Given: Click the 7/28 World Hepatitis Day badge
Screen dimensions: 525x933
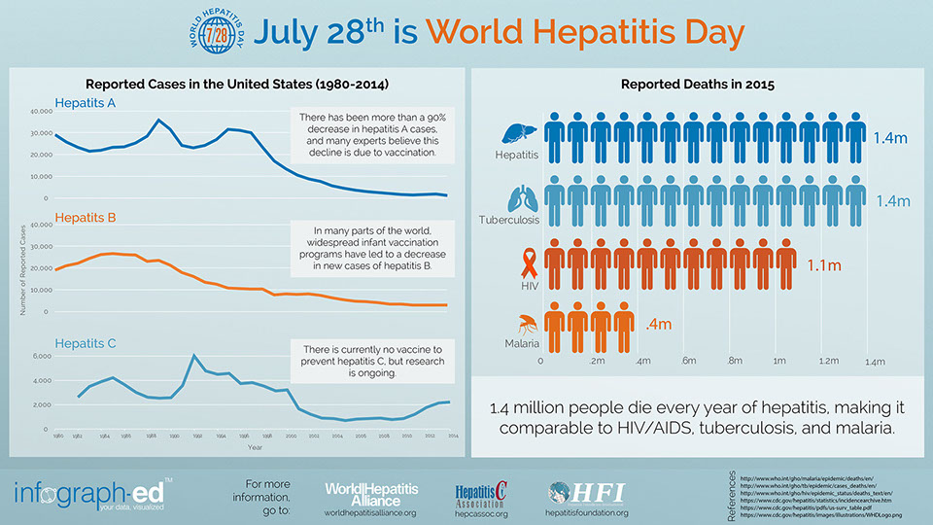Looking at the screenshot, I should pyautogui.click(x=214, y=33).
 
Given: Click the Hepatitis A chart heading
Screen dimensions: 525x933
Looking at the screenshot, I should pyautogui.click(x=86, y=103).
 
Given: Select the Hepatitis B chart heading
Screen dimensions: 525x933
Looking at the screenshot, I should pyautogui.click(x=86, y=218).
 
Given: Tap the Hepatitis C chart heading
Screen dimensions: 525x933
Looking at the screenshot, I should pyautogui.click(x=86, y=343).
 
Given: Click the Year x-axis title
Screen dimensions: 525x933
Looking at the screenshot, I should pyautogui.click(x=254, y=447).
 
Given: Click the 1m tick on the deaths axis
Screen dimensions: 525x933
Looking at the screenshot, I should pyautogui.click(x=779, y=361).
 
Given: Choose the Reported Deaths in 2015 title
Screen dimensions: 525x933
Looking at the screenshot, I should pyautogui.click(x=691, y=85).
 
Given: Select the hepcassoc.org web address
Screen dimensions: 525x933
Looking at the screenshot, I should pyautogui.click(x=482, y=513).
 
